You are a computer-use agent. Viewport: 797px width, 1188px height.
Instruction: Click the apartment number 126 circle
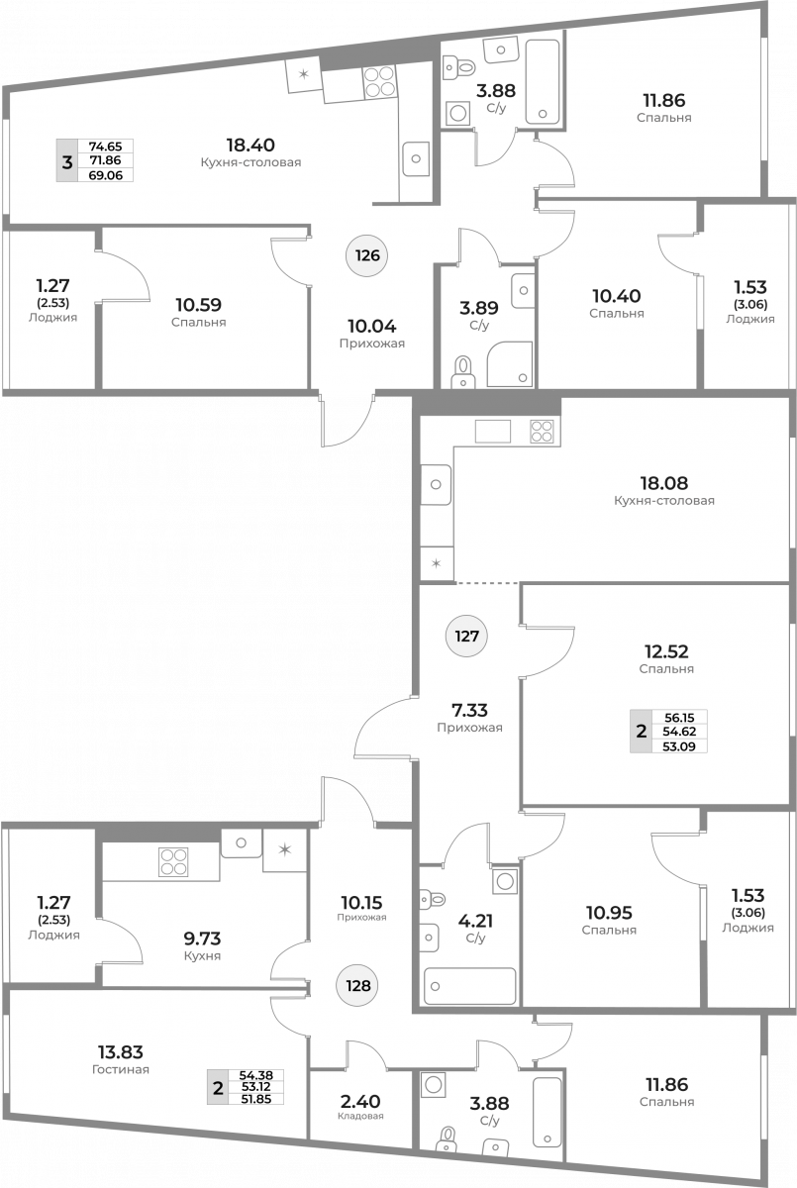367,255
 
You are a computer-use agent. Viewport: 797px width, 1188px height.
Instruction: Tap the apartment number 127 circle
466,636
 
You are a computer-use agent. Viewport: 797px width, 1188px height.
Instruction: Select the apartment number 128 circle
358,985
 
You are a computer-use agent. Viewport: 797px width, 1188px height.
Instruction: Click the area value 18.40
250,145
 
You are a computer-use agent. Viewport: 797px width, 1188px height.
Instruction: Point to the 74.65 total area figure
106,147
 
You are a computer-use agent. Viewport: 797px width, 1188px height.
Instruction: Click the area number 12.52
666,650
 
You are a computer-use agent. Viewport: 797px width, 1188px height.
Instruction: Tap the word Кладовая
360,1116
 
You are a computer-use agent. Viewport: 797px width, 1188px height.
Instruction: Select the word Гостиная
121,1069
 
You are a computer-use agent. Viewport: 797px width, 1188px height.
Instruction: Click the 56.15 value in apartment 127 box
679,718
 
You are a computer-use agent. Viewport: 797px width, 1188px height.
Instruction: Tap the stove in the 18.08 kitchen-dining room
542,432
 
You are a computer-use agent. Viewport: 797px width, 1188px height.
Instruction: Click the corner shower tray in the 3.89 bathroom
509,364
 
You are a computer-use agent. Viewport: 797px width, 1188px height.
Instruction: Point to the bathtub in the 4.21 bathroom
470,986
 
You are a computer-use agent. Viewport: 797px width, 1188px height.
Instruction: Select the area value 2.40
360,1101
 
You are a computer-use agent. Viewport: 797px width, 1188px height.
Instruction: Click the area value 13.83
121,1051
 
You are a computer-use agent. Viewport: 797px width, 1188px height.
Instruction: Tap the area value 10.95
609,912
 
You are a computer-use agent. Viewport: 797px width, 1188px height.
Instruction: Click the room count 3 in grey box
66,161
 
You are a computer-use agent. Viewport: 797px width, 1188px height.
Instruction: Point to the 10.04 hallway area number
371,326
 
